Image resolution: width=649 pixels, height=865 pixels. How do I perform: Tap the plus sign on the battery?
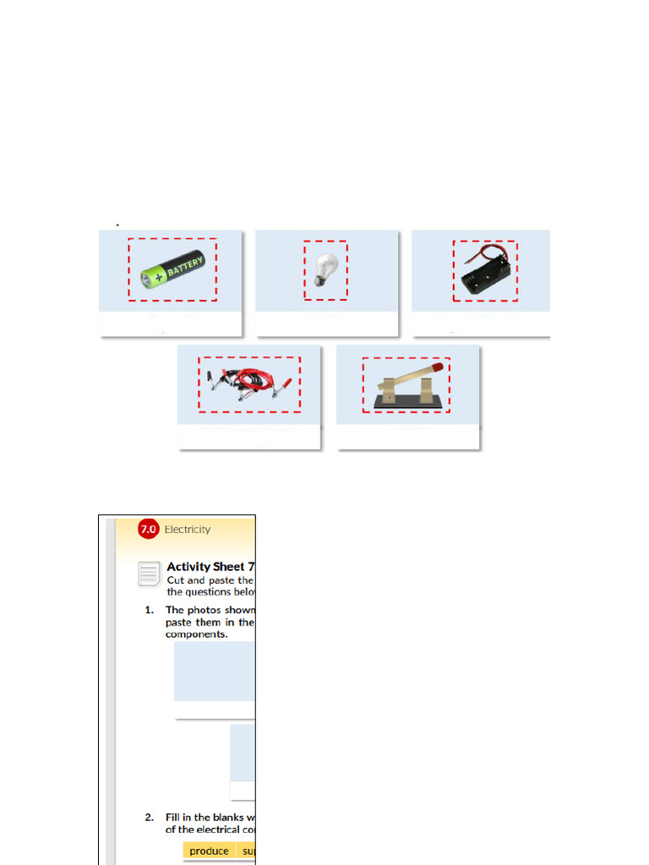coord(157,277)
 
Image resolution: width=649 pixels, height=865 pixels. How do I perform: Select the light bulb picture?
coord(324,269)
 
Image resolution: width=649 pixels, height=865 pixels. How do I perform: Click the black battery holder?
coord(484,273)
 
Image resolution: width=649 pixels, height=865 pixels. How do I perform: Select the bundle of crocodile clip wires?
coord(249,384)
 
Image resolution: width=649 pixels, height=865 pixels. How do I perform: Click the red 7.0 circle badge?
coord(148,530)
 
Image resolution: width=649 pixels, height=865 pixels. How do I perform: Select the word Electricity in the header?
coord(188,530)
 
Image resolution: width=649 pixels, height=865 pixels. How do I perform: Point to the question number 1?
coord(149,610)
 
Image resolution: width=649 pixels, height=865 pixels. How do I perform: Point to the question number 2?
coord(149,818)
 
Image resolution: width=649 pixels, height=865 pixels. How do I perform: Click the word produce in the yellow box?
coord(209,851)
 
